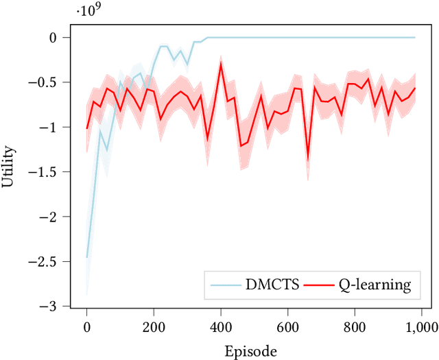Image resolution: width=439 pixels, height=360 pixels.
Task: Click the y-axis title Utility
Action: (x=9, y=171)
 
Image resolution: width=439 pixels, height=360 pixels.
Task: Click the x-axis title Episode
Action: (x=251, y=351)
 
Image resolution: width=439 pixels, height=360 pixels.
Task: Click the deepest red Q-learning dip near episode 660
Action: (x=308, y=160)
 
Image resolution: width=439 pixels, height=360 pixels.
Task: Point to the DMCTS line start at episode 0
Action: (x=87, y=257)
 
